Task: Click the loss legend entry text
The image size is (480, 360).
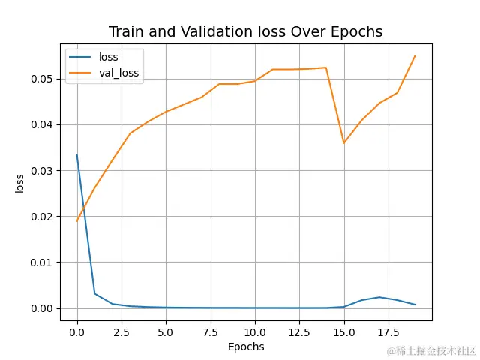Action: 109,57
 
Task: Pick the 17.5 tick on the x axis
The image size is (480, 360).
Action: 388,331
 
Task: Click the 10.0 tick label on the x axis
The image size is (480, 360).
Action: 255,331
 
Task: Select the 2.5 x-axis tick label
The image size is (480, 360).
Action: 121,331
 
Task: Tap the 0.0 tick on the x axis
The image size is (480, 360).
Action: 77,331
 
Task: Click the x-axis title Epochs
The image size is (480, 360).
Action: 246,346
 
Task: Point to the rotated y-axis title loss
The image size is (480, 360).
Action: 20,183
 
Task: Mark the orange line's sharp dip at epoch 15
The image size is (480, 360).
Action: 343,143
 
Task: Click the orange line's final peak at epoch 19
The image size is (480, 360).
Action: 415,55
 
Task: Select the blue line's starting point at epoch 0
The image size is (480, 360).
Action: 77,155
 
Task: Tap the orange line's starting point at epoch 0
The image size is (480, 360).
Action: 77,220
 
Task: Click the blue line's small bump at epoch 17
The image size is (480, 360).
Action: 379,297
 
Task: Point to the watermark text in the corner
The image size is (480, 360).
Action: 431,350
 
